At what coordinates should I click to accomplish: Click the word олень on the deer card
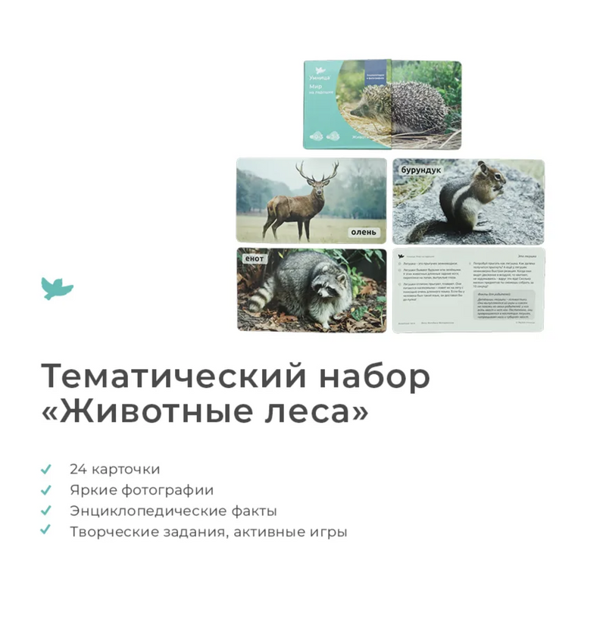pyautogui.click(x=363, y=232)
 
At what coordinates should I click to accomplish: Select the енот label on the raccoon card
pyautogui.click(x=253, y=259)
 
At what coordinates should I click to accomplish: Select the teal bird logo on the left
pyautogui.click(x=57, y=288)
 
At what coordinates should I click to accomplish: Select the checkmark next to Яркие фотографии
pyautogui.click(x=46, y=490)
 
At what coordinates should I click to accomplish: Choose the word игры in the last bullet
pyautogui.click(x=328, y=532)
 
